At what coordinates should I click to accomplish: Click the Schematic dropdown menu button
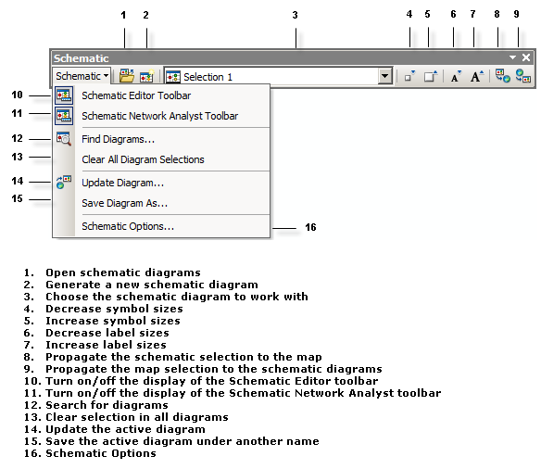tap(82, 77)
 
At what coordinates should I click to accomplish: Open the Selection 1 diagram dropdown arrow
tap(385, 77)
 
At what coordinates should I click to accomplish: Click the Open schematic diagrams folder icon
tap(127, 77)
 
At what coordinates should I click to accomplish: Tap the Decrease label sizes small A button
tap(456, 77)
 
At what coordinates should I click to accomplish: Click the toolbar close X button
tap(526, 57)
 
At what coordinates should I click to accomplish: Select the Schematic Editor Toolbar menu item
tap(136, 95)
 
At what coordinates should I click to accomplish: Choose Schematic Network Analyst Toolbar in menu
tap(159, 116)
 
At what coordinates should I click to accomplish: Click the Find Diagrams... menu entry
tap(118, 139)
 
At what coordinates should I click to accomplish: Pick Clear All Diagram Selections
tap(143, 159)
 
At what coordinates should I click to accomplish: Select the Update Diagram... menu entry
tap(122, 183)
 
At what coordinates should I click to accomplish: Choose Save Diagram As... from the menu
tap(124, 203)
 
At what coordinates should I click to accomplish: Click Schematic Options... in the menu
tap(127, 226)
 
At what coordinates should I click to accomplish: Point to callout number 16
tap(310, 227)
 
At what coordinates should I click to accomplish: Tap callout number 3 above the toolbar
tap(295, 16)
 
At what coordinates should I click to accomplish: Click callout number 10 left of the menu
tap(17, 95)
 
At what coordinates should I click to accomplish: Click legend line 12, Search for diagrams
tap(96, 405)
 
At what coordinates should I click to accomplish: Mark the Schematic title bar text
tap(81, 58)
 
